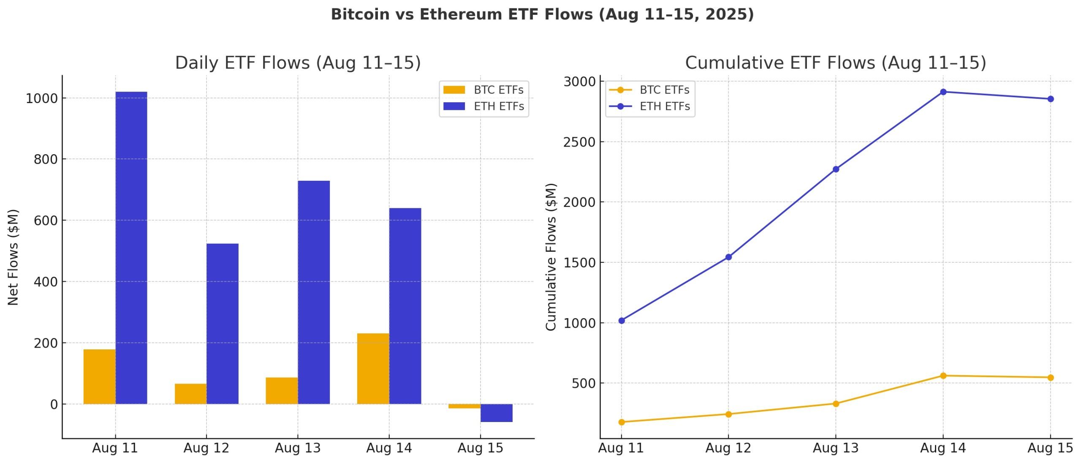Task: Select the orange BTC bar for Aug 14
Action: (x=373, y=368)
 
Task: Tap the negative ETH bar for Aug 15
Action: (x=496, y=413)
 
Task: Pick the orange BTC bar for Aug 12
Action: (x=190, y=394)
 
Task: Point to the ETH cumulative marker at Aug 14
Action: (x=943, y=92)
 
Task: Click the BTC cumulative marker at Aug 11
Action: (x=621, y=422)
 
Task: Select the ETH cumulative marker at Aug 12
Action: (x=728, y=257)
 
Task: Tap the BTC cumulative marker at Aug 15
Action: (x=1051, y=378)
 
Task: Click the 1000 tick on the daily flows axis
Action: (x=41, y=98)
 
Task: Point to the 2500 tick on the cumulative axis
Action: (x=579, y=142)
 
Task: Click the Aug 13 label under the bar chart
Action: (x=298, y=448)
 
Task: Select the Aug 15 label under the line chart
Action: (x=1050, y=448)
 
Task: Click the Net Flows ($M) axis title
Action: (x=13, y=257)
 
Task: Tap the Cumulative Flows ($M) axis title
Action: (x=551, y=257)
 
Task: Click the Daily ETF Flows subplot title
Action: (x=298, y=63)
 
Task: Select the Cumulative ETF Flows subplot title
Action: (x=835, y=63)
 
